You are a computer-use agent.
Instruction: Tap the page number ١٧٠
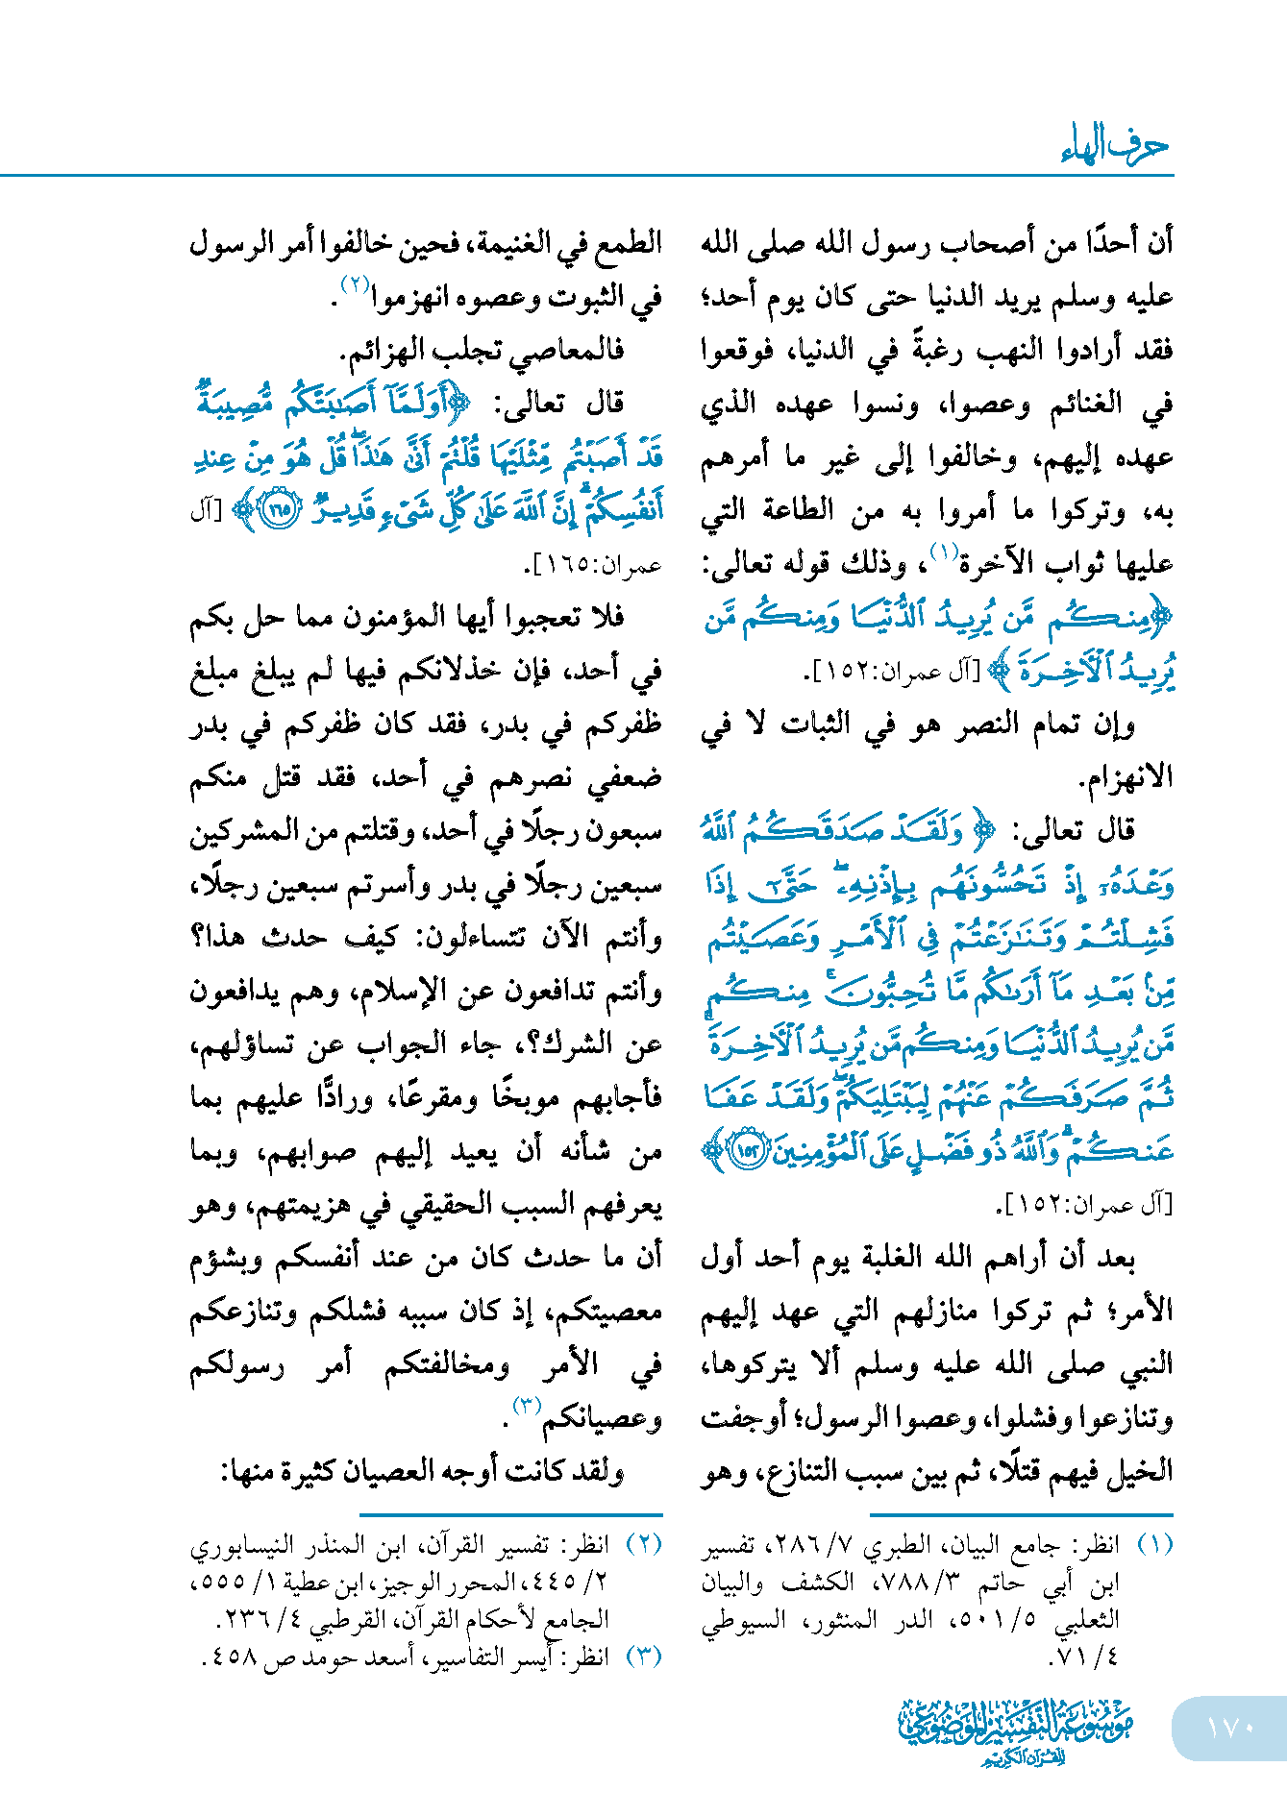[1229, 1727]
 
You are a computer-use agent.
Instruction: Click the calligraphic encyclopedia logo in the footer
[1015, 1729]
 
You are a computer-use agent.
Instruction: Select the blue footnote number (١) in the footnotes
[1154, 1544]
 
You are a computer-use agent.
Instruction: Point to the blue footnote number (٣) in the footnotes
[643, 1656]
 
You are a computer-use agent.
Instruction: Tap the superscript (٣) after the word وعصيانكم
[528, 1406]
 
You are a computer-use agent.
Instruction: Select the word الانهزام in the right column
[1128, 776]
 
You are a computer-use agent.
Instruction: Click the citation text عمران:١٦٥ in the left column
[595, 567]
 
